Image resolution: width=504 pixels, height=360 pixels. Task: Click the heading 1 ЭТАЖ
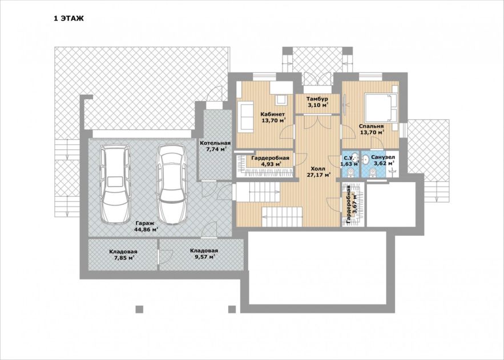click(68, 18)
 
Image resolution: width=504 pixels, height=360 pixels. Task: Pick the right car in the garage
click(171, 184)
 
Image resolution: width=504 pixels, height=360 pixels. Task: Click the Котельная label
click(215, 143)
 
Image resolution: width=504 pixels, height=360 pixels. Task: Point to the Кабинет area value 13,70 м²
click(274, 121)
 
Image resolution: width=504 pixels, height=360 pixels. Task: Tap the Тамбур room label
click(317, 99)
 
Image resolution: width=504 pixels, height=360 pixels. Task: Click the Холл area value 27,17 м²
click(318, 175)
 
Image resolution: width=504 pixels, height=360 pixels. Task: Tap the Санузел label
click(383, 157)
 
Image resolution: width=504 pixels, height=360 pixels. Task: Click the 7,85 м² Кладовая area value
click(123, 257)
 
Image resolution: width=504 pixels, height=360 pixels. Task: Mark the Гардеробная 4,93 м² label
click(271, 161)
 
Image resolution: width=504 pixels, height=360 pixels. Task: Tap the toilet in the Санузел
click(373, 173)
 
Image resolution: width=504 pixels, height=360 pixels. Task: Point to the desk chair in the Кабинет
click(281, 99)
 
